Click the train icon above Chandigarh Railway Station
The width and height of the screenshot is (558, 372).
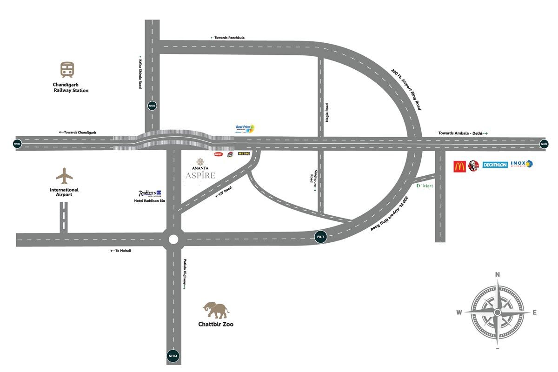pyautogui.click(x=67, y=70)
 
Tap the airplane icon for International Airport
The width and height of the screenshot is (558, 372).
pyautogui.click(x=64, y=176)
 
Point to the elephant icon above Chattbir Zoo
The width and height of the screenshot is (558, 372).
pyautogui.click(x=216, y=310)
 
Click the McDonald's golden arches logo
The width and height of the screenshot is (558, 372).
pyautogui.click(x=459, y=166)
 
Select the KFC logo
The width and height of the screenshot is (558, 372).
pyautogui.click(x=473, y=166)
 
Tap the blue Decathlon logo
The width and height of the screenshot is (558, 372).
pyautogui.click(x=495, y=165)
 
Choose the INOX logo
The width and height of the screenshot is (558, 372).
pyautogui.click(x=521, y=164)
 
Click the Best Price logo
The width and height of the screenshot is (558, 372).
pyautogui.click(x=245, y=128)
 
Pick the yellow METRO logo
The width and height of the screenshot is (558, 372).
pyautogui.click(x=244, y=153)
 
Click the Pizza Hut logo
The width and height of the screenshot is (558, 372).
pyautogui.click(x=230, y=154)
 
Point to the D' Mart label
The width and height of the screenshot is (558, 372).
pyautogui.click(x=424, y=186)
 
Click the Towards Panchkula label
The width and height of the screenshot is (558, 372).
pyautogui.click(x=228, y=38)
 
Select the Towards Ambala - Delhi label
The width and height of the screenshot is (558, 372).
pyautogui.click(x=463, y=133)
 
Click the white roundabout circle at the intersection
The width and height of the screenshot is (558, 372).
pyautogui.click(x=173, y=239)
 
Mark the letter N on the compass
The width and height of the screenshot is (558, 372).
pyautogui.click(x=497, y=275)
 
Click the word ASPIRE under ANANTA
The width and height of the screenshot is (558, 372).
pyautogui.click(x=200, y=175)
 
